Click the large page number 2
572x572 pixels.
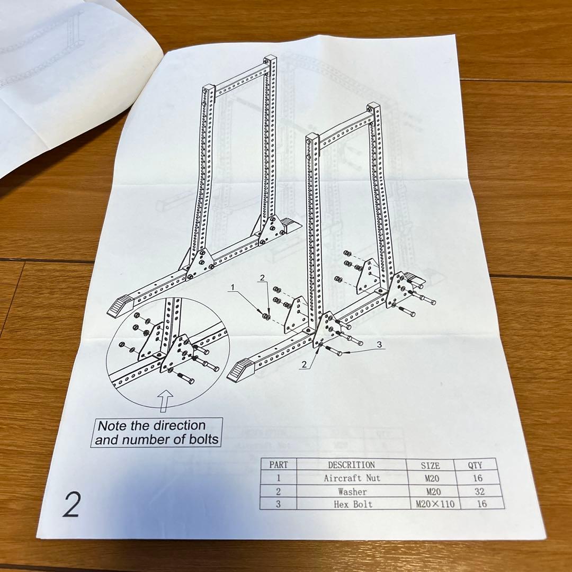pyautogui.click(x=71, y=505)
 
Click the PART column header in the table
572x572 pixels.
pyautogui.click(x=279, y=464)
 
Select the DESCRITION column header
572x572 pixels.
pyautogui.click(x=351, y=464)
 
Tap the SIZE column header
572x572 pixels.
pyautogui.click(x=430, y=466)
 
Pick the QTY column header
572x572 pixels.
pyautogui.click(x=475, y=466)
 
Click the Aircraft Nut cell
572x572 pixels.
pyautogui.click(x=352, y=478)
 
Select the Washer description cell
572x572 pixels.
pyautogui.click(x=352, y=491)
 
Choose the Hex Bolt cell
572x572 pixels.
pyautogui.click(x=353, y=504)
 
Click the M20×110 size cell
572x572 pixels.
pyautogui.click(x=435, y=504)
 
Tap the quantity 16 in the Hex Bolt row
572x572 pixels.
pyautogui.click(x=481, y=504)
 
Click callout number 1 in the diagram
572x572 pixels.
pyautogui.click(x=231, y=287)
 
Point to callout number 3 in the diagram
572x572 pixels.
pyautogui.click(x=378, y=344)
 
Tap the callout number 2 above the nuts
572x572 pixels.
pyautogui.click(x=261, y=277)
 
